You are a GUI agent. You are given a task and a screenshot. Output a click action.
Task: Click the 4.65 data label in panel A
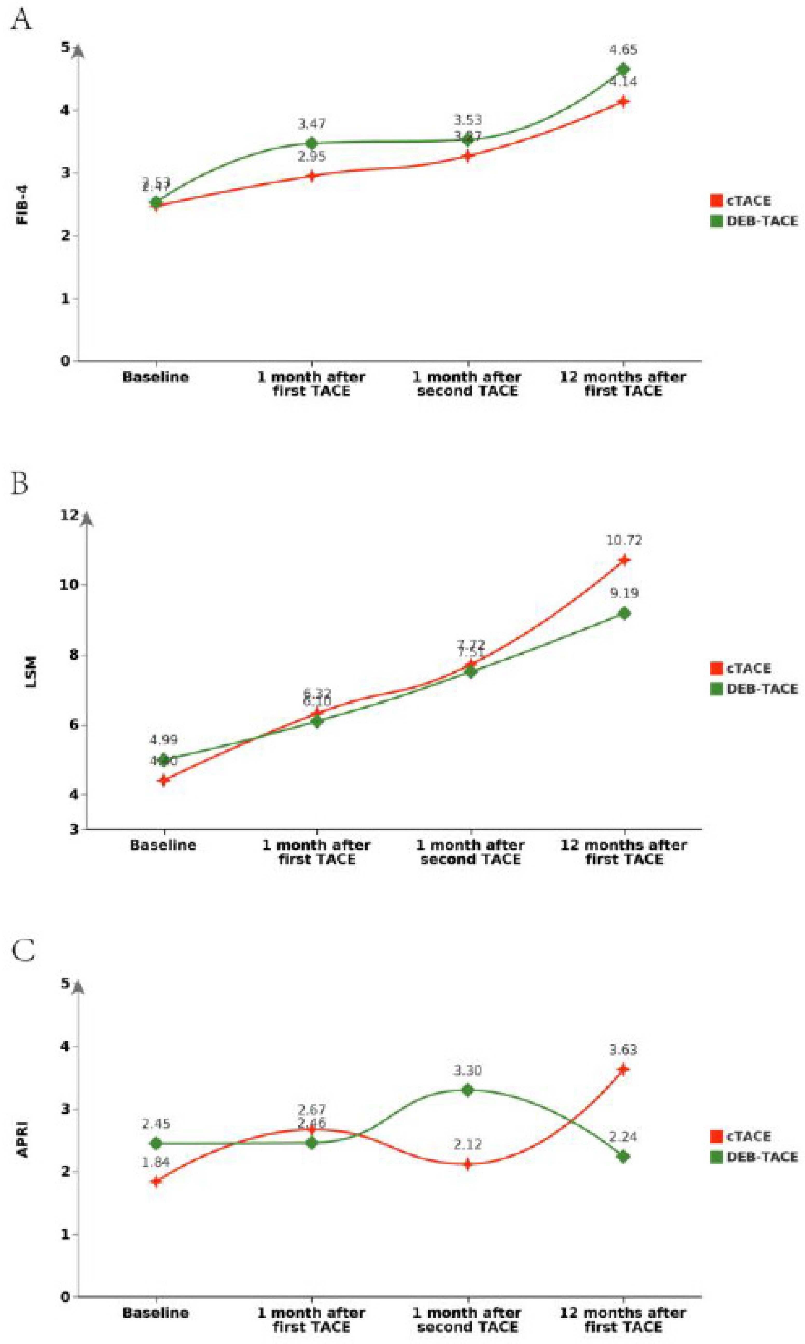623,50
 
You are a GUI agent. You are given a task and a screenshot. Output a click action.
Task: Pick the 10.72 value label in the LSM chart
624,540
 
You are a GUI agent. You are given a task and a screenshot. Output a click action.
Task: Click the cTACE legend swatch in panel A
716,201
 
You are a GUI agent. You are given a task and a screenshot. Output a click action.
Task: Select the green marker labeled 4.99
163,759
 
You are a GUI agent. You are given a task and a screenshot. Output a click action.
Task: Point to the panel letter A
22,20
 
